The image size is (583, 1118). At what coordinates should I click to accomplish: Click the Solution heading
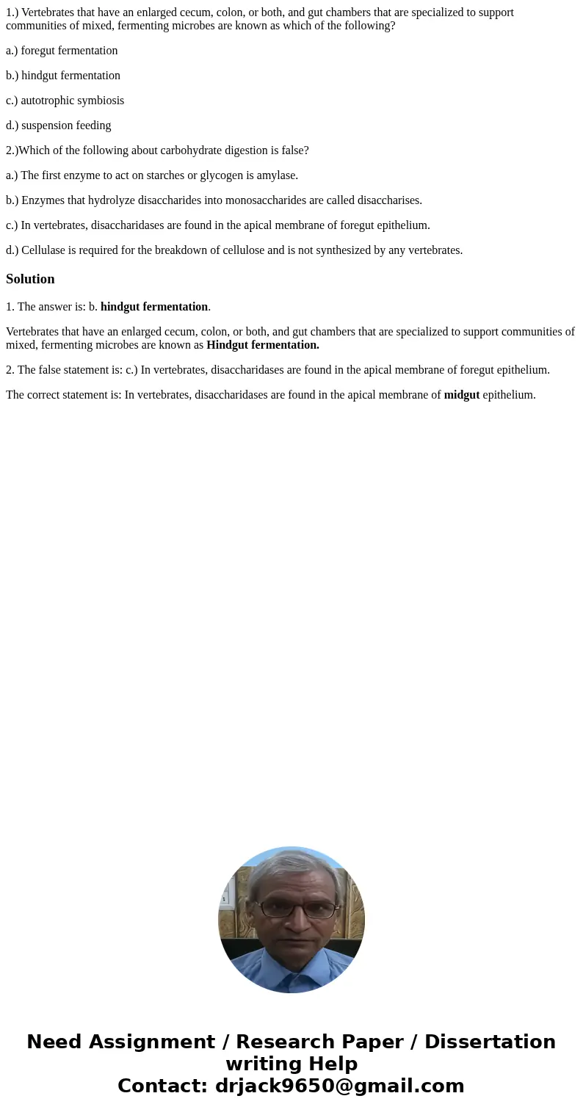click(30, 279)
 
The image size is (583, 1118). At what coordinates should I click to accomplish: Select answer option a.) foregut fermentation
click(62, 51)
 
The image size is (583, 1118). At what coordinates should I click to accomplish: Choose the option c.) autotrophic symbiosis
click(65, 101)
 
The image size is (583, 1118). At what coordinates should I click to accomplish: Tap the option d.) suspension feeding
click(59, 126)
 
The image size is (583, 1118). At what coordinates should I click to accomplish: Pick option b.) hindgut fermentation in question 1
click(63, 76)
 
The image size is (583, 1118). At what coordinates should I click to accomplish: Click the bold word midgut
click(461, 395)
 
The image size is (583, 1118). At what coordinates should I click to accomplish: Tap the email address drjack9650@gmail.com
click(339, 1086)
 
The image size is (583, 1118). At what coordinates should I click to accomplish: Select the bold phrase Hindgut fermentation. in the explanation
click(263, 345)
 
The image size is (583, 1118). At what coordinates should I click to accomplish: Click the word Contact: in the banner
click(162, 1086)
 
